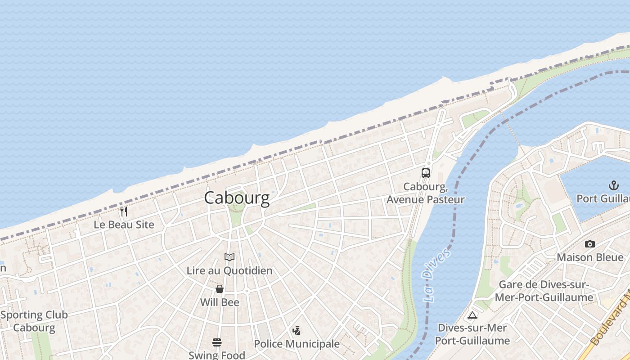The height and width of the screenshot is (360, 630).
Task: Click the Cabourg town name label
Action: point(237,198)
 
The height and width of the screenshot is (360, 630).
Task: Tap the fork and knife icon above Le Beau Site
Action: point(124,211)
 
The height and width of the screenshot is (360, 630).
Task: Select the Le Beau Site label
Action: point(124,225)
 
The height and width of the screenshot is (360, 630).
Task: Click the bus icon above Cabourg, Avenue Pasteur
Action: point(425,173)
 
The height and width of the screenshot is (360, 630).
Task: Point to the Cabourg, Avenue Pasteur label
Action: point(425,193)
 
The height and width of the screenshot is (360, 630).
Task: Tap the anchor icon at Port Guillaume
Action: point(613,185)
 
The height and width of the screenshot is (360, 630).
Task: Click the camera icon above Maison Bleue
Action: point(589,244)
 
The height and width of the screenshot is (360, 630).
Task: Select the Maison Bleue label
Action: point(590,258)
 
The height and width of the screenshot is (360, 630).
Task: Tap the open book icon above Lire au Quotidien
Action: point(229,257)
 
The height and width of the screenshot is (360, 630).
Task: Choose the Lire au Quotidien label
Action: point(229,271)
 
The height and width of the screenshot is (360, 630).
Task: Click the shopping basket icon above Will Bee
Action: point(220,289)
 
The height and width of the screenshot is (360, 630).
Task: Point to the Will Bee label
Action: point(220,302)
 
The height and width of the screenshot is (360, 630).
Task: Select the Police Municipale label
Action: point(297,344)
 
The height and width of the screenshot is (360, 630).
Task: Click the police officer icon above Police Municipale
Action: point(296,331)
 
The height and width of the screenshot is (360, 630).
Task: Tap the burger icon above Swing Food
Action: point(217,342)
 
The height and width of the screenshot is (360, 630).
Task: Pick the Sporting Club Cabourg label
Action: point(34,321)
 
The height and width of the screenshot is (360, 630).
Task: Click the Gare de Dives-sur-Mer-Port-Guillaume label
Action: point(544,291)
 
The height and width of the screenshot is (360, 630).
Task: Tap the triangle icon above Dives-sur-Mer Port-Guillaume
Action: point(472,315)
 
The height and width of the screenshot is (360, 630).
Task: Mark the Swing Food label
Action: point(217,355)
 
